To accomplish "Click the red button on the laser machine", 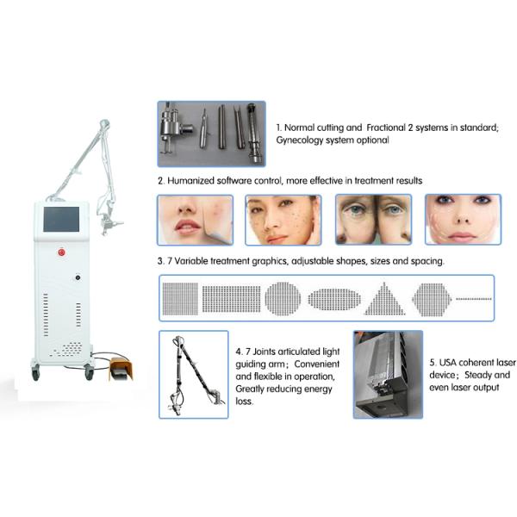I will point(62,253).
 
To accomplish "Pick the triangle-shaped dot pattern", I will point(382,298).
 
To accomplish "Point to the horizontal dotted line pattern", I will point(473,298).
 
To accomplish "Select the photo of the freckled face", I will point(283,220).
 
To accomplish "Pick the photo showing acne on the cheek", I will point(195,220).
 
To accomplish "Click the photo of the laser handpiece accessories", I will point(211,134).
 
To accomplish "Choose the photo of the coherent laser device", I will point(388,374).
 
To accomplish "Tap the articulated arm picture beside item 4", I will point(194,374).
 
